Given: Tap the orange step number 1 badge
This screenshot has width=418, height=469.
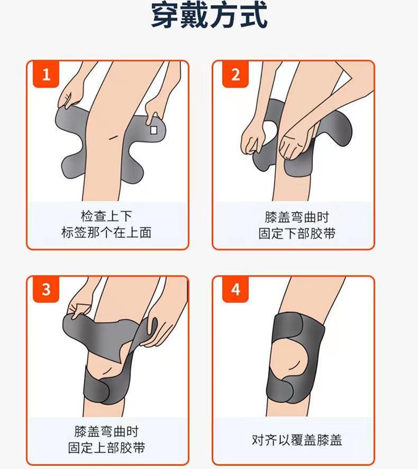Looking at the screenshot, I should pos(46,75).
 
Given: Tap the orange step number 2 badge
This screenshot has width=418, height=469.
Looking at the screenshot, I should pos(235,75).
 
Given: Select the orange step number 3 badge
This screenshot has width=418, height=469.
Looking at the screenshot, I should pos(46,290).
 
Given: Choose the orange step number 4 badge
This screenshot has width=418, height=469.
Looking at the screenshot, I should pos(235,290).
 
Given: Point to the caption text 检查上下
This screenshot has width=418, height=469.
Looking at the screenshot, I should pos(106,216).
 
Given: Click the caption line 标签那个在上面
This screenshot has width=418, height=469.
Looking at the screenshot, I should pos(106,232).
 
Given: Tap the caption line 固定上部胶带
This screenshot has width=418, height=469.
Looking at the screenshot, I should pos(106,448).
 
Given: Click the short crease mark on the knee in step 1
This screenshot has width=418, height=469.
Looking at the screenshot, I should pos(113,137).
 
